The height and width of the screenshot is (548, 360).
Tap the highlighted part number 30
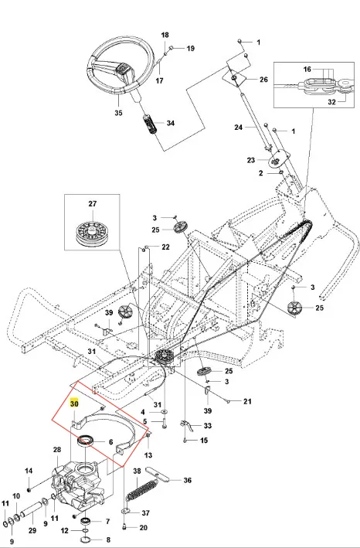pyautogui.click(x=74, y=403)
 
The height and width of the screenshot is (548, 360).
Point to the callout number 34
pyautogui.click(x=171, y=123)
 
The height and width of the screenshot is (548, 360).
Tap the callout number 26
pyautogui.click(x=263, y=80)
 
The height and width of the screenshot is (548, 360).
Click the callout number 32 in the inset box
pyautogui.click(x=331, y=102)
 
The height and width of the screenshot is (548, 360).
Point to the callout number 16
pyautogui.click(x=307, y=70)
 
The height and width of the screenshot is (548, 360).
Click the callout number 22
pyautogui.click(x=165, y=247)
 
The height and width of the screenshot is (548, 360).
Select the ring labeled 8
pyautogui.click(x=86, y=540)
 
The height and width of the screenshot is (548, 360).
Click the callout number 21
pyautogui.click(x=247, y=401)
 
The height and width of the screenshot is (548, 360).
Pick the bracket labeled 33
pyautogui.click(x=188, y=425)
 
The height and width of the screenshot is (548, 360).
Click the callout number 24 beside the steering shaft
pyautogui.click(x=238, y=128)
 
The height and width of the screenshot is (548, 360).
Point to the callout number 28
pyautogui.click(x=57, y=449)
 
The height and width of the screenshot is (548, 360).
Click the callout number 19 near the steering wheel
pyautogui.click(x=190, y=48)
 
